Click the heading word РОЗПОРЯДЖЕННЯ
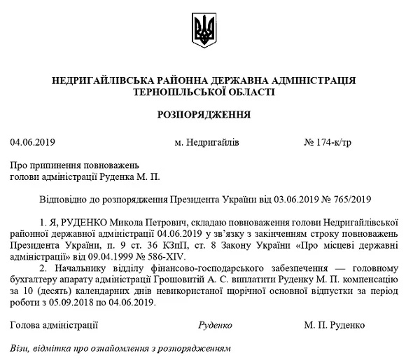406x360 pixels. pos(202,113)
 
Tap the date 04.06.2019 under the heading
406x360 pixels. pos(29,142)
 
